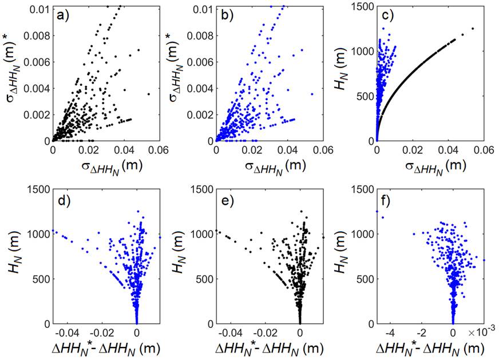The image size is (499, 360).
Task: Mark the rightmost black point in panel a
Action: pyautogui.click(x=148, y=94)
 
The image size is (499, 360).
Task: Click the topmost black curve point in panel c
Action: pyautogui.click(x=473, y=28)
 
